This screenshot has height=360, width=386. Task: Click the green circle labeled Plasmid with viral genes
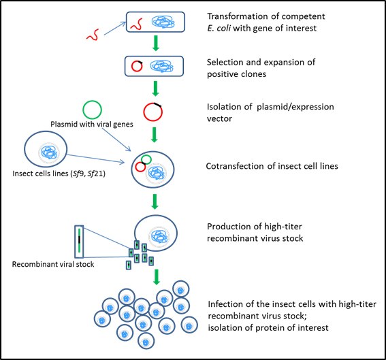[93, 110]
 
